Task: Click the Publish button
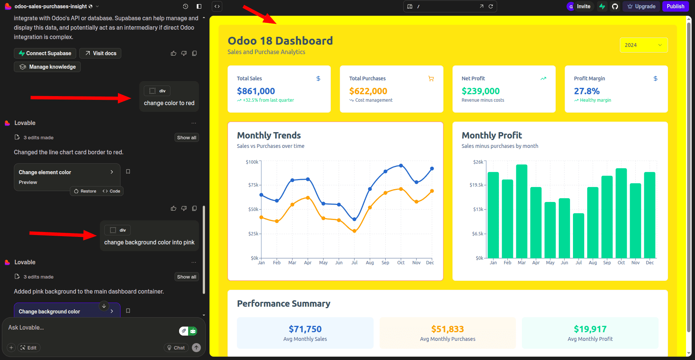[675, 6]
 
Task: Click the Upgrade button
[641, 6]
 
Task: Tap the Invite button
[580, 6]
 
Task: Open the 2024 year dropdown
[643, 45]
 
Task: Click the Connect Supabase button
[45, 53]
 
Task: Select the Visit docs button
[101, 53]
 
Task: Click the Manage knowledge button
[48, 67]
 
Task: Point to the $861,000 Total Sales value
[256, 91]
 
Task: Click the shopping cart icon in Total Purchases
[431, 78]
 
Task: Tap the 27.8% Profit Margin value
[586, 91]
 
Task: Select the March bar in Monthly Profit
[522, 211]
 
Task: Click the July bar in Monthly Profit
[578, 235]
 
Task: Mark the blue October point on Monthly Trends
[401, 166]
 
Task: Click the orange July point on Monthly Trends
[354, 231]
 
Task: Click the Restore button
[85, 191]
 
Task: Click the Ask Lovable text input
[90, 328]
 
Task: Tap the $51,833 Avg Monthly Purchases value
[448, 329]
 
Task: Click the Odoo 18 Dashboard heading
[280, 41]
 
